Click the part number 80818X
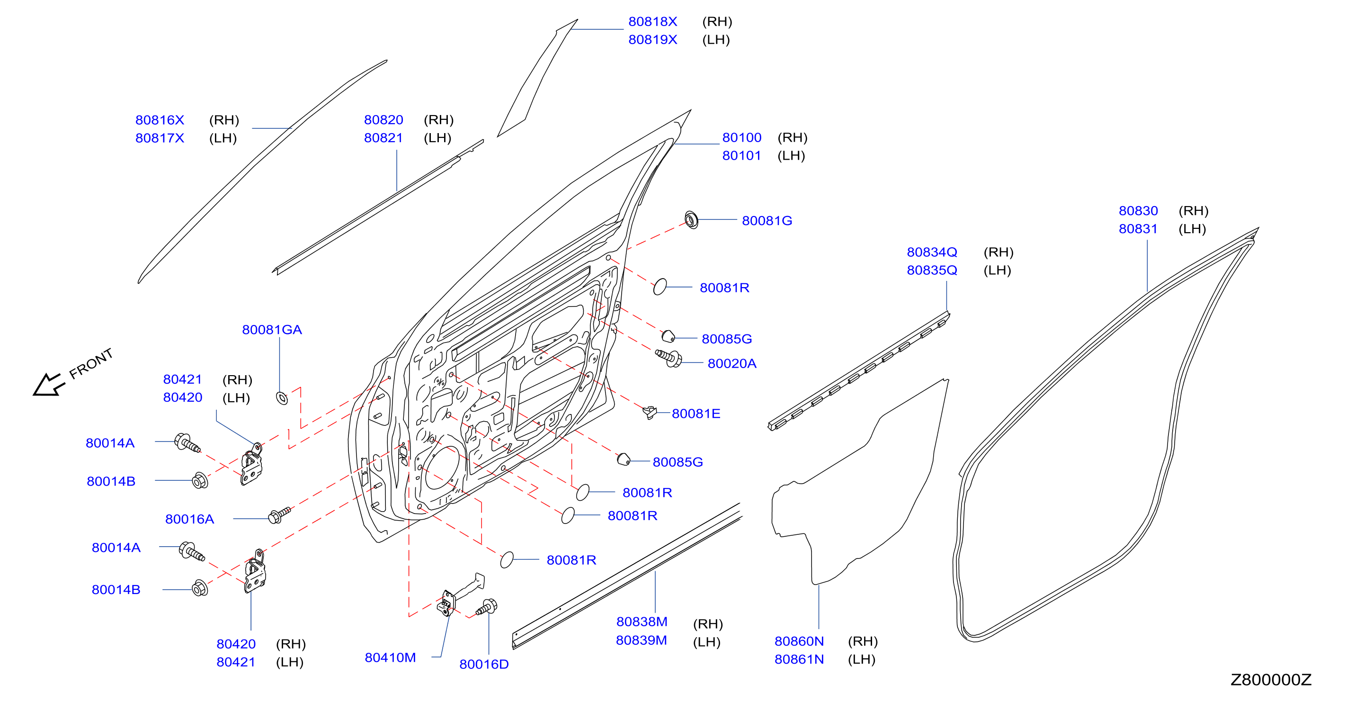(x=652, y=22)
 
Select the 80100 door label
(x=742, y=138)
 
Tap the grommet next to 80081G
(x=691, y=219)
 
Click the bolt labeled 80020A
(x=669, y=358)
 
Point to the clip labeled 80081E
(x=650, y=412)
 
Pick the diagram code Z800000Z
(x=1271, y=680)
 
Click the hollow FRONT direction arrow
(x=49, y=385)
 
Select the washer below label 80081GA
(x=282, y=397)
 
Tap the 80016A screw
(x=280, y=515)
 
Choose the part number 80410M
(x=390, y=658)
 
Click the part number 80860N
(x=799, y=641)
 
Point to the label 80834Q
(x=932, y=252)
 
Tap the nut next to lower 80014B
(x=200, y=587)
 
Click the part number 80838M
(x=642, y=622)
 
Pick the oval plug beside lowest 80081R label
(x=507, y=559)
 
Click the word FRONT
(x=91, y=363)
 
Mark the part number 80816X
(x=160, y=120)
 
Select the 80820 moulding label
(x=383, y=120)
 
